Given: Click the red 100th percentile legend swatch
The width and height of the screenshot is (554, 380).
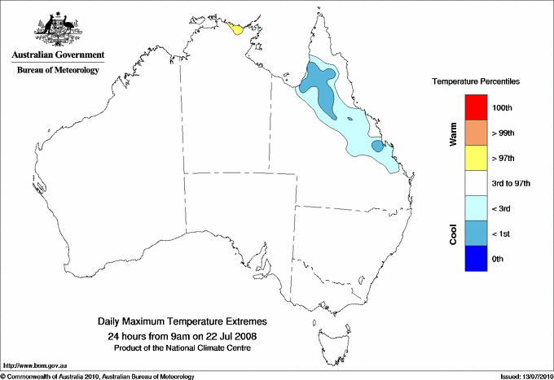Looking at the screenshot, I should click(x=477, y=107).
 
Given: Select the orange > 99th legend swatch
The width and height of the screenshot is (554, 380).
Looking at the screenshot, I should click(x=477, y=133).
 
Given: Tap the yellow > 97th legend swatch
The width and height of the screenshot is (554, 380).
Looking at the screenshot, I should click(x=477, y=158).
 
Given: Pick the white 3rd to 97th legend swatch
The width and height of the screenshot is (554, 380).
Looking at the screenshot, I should click(x=477, y=183).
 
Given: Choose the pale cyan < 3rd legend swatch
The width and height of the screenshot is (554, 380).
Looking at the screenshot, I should click(x=477, y=208).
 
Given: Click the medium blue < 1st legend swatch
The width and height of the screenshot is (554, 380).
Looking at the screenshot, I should click(x=477, y=234).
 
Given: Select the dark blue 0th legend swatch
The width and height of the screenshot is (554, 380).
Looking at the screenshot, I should click(x=477, y=259).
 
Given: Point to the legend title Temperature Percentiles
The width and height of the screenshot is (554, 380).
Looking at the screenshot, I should click(x=476, y=82).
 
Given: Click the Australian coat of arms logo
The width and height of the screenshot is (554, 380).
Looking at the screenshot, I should click(x=58, y=27).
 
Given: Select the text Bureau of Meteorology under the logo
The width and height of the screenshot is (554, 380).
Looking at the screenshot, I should click(x=58, y=71).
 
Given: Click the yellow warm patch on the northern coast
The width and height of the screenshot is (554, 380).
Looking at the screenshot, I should click(x=236, y=29).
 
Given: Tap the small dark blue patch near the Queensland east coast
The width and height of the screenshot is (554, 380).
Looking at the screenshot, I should click(x=378, y=146).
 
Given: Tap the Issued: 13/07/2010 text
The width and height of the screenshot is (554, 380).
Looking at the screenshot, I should click(x=525, y=376).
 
